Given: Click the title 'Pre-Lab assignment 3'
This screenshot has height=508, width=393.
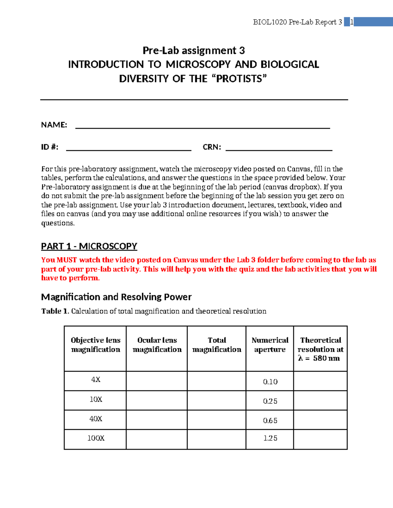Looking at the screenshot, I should [194, 51].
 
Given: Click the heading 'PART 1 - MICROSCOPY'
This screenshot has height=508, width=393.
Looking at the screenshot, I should [89, 246].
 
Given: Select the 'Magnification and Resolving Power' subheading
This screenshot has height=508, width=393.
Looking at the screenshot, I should [116, 297].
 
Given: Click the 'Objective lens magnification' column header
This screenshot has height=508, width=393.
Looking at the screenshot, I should [96, 345].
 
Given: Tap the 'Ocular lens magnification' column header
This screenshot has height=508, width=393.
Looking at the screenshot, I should [157, 345].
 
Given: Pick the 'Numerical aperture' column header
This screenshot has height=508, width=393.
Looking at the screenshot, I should [270, 345].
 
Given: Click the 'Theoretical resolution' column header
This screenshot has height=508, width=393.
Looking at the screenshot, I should [320, 349].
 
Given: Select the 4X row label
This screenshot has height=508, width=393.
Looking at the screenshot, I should [96, 379].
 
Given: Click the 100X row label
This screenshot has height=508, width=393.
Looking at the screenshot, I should [96, 438].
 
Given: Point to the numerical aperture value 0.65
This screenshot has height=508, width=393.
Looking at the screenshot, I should [270, 420].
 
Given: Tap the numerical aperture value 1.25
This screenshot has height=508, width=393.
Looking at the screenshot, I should [270, 438].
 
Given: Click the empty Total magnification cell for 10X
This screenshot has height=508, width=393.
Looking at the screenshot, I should [216, 400].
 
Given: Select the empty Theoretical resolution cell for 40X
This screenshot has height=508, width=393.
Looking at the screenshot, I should [320, 420].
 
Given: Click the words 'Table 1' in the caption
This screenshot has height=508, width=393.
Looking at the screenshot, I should [55, 311].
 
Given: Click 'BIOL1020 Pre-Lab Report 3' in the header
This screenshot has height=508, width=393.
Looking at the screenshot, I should [297, 22].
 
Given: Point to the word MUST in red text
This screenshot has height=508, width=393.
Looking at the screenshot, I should [67, 260].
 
